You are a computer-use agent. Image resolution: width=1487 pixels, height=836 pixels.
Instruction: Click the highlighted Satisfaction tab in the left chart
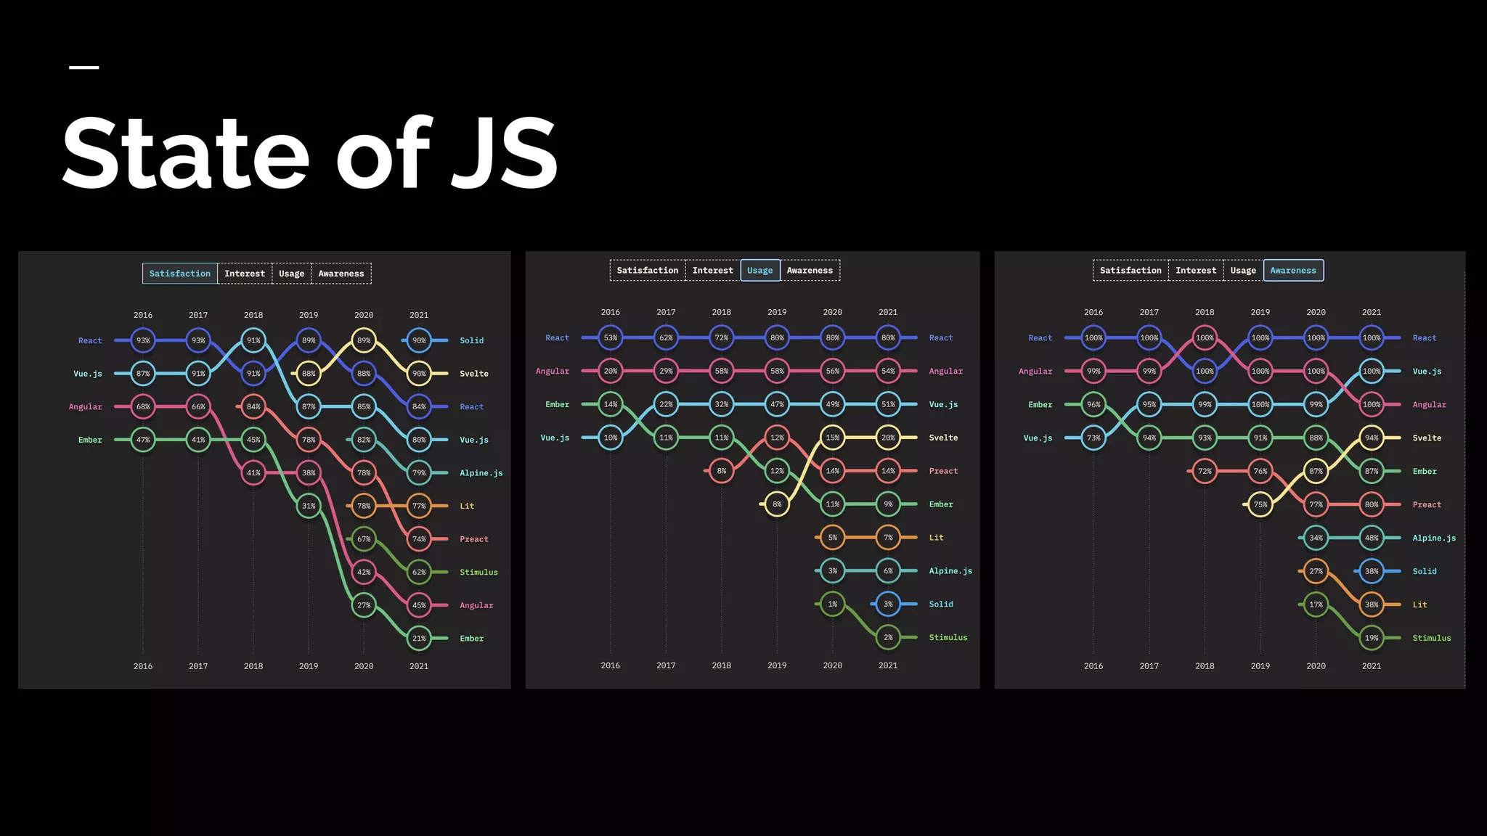click(179, 274)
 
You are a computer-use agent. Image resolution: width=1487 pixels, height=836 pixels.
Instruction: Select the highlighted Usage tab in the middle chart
click(759, 271)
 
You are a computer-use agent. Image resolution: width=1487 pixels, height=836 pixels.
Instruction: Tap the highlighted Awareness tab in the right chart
click(1292, 271)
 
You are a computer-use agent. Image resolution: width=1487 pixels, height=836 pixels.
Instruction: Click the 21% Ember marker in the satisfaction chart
click(419, 639)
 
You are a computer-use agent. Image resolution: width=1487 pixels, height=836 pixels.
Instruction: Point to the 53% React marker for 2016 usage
click(611, 337)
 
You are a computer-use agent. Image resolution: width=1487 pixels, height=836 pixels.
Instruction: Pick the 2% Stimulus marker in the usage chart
click(888, 637)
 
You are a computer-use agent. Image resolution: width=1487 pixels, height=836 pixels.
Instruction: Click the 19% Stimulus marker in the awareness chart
click(1371, 638)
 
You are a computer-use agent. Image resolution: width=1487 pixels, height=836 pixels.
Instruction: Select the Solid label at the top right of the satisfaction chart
click(471, 340)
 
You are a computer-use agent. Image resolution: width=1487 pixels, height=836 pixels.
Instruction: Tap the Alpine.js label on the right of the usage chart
click(950, 571)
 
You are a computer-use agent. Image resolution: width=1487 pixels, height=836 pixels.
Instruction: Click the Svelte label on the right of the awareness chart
click(1426, 438)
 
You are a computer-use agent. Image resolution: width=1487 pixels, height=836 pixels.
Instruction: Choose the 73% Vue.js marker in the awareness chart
click(1093, 438)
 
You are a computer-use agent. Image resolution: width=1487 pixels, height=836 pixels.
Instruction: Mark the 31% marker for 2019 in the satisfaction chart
click(309, 506)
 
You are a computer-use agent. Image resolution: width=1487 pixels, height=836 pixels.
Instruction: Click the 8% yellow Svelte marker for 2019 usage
click(777, 504)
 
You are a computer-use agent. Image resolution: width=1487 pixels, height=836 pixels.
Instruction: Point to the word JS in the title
click(503, 154)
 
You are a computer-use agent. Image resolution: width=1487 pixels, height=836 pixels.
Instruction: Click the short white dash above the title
click(83, 67)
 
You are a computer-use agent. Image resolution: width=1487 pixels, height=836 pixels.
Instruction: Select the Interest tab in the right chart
click(1195, 271)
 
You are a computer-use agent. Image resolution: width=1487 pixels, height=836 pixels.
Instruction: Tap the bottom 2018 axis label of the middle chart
click(721, 665)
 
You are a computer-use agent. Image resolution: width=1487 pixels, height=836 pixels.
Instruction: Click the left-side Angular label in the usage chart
click(552, 371)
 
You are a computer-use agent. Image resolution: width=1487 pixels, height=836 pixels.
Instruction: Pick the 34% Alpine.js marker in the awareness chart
click(1316, 538)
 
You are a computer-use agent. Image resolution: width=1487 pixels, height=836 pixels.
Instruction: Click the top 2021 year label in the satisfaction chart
click(419, 315)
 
